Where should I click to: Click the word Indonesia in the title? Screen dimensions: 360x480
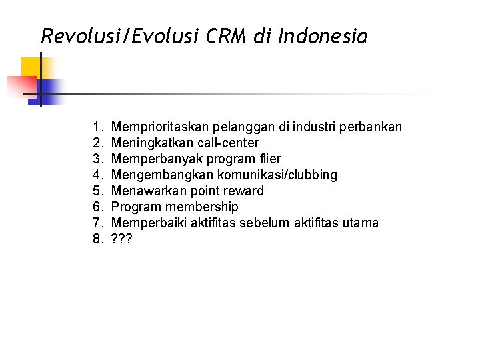323,36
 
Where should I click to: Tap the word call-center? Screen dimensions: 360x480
226,143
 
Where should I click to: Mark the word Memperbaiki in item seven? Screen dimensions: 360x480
149,223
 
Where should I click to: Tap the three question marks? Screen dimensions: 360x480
122,239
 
